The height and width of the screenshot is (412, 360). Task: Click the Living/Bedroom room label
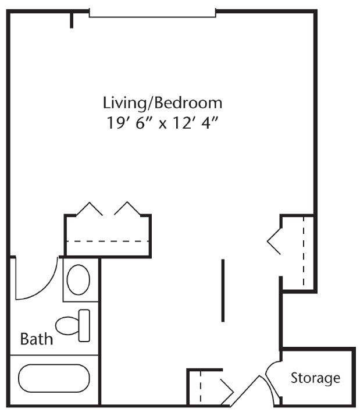(162, 103)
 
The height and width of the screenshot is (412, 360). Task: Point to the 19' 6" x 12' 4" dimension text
(162, 123)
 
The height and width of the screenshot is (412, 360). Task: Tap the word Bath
(37, 339)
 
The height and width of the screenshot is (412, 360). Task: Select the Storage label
(315, 378)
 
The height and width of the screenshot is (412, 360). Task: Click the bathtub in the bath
(54, 378)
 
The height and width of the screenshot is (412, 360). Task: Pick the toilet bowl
(67, 326)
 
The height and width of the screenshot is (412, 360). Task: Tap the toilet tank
(84, 325)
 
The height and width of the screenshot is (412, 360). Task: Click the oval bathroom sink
(79, 279)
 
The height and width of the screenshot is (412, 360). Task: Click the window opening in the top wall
(152, 15)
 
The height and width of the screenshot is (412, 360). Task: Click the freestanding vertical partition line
(223, 290)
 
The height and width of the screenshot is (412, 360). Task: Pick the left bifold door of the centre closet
(90, 208)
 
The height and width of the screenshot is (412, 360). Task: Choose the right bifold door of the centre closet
(127, 208)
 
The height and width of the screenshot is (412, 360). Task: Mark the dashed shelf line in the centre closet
(108, 241)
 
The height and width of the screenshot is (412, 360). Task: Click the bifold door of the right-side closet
(274, 241)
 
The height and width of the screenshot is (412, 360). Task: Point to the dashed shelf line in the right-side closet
(304, 251)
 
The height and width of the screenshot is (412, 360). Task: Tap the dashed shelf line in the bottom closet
(200, 388)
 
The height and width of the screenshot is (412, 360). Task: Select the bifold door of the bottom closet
(227, 392)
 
